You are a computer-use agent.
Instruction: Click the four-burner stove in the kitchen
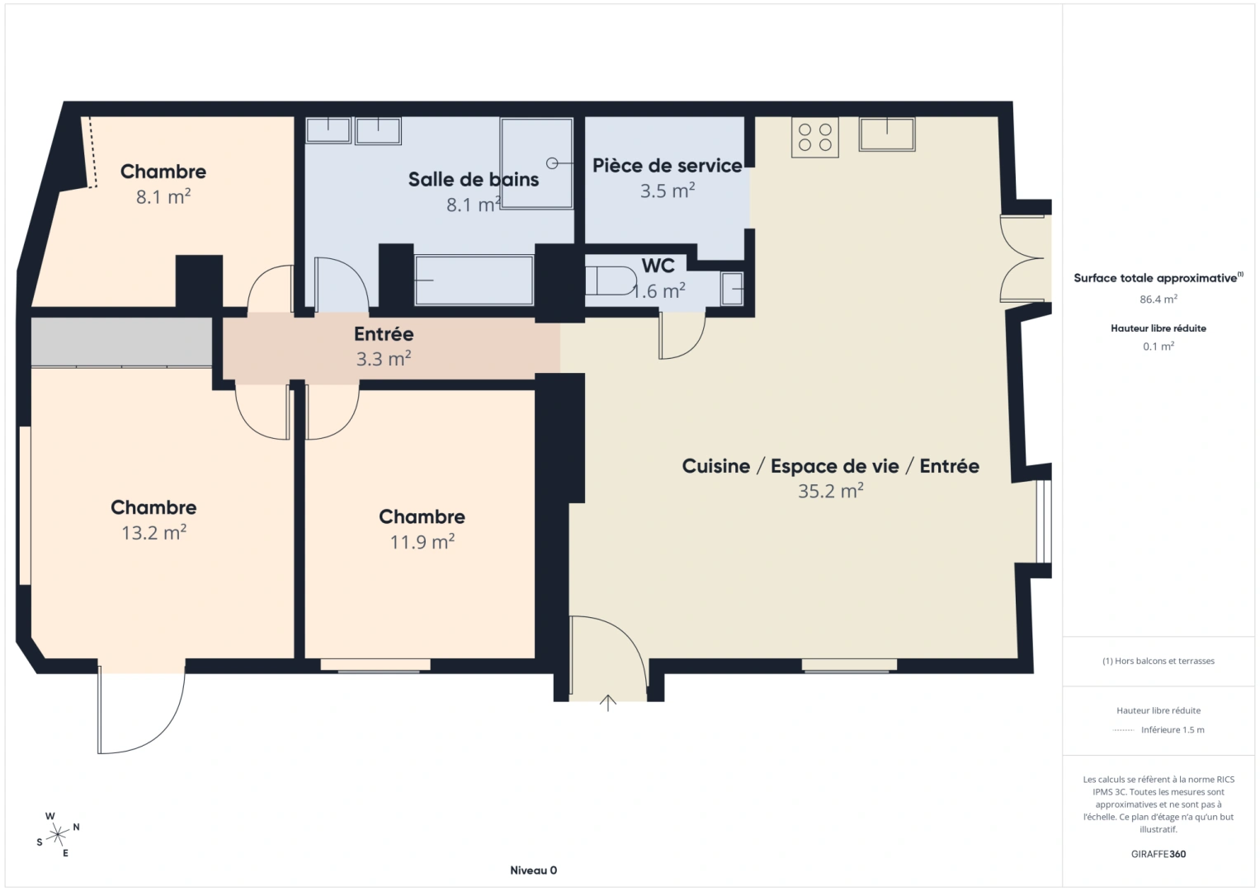point(815,137)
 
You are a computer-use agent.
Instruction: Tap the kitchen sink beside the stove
point(887,134)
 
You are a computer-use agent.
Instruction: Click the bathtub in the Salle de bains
point(474,280)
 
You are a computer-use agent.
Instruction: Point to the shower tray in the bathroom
point(536,163)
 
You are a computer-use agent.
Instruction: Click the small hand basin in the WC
point(732,289)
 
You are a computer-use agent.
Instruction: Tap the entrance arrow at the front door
point(608,702)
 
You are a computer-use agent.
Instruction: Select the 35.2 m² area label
point(830,491)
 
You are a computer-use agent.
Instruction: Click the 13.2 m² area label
point(153,533)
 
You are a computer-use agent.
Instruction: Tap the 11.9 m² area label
point(422,542)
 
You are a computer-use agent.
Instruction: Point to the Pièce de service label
point(667,166)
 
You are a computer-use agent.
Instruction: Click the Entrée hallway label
point(384,334)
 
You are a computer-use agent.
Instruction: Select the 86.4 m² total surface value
point(1159,299)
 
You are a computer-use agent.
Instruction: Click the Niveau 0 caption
point(533,870)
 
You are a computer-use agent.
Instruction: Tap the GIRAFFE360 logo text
point(1159,854)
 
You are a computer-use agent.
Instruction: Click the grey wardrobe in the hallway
point(122,341)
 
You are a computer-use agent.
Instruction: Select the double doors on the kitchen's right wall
point(1023,258)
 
